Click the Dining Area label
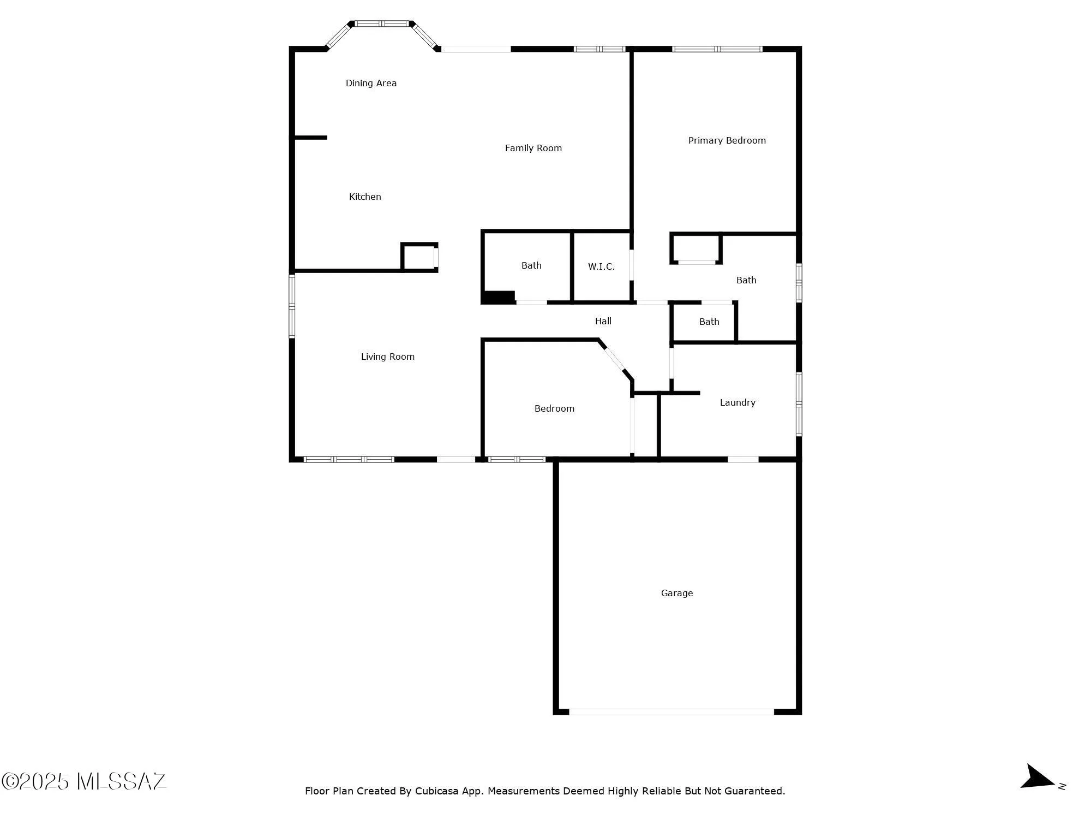371,83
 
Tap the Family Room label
533,148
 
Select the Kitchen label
365,197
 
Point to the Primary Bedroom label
727,140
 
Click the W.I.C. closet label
601,266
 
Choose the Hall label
603,321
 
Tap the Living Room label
387,357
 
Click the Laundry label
738,402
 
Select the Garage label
676,593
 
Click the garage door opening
671,711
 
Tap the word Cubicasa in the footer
436,791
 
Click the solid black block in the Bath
499,298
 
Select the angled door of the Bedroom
615,359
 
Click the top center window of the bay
382,23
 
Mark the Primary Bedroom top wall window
717,49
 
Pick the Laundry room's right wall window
799,404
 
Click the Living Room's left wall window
292,306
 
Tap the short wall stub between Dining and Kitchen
310,138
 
